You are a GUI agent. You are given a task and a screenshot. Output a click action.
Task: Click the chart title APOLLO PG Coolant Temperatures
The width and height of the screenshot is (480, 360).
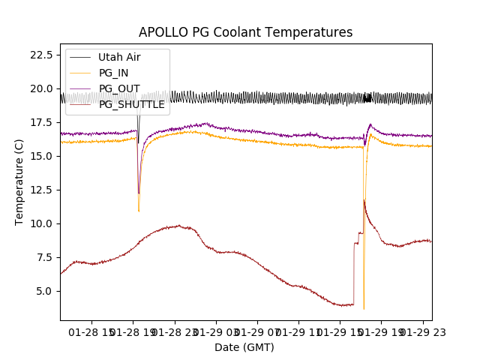[245, 32]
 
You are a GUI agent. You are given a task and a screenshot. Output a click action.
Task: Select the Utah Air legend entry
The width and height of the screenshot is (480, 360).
[118, 57]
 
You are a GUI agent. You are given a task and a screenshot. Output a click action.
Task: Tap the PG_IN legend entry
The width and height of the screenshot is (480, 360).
[113, 73]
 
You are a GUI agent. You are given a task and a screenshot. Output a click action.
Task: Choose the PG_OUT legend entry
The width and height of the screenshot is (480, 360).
[118, 88]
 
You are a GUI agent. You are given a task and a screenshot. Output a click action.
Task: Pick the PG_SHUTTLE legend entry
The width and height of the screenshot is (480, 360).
[131, 104]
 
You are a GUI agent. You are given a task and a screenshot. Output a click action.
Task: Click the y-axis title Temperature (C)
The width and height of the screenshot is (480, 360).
[19, 181]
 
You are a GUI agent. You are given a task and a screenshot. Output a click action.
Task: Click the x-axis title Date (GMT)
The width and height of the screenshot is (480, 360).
[244, 347]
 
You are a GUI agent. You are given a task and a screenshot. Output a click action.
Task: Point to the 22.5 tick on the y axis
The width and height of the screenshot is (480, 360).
[43, 55]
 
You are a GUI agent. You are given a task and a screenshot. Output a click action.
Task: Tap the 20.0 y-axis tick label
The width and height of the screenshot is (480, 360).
[43, 88]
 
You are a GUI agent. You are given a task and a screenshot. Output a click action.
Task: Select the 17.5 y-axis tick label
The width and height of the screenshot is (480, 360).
[43, 122]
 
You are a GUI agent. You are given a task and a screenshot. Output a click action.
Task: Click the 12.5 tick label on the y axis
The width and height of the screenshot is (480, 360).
[43, 190]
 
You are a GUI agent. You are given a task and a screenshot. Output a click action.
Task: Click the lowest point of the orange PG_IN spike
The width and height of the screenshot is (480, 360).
[364, 308]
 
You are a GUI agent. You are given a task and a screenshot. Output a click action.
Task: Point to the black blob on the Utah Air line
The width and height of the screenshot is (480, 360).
[367, 98]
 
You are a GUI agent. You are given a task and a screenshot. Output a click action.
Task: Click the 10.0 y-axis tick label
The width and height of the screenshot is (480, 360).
[43, 223]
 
